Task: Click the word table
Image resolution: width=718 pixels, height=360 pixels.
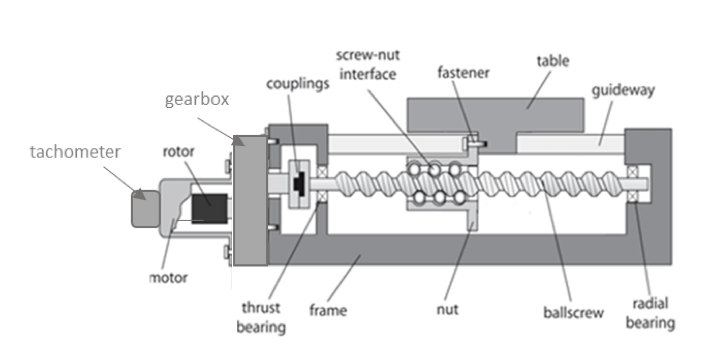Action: coord(553,62)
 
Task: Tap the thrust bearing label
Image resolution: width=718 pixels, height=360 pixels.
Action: coord(262,317)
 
